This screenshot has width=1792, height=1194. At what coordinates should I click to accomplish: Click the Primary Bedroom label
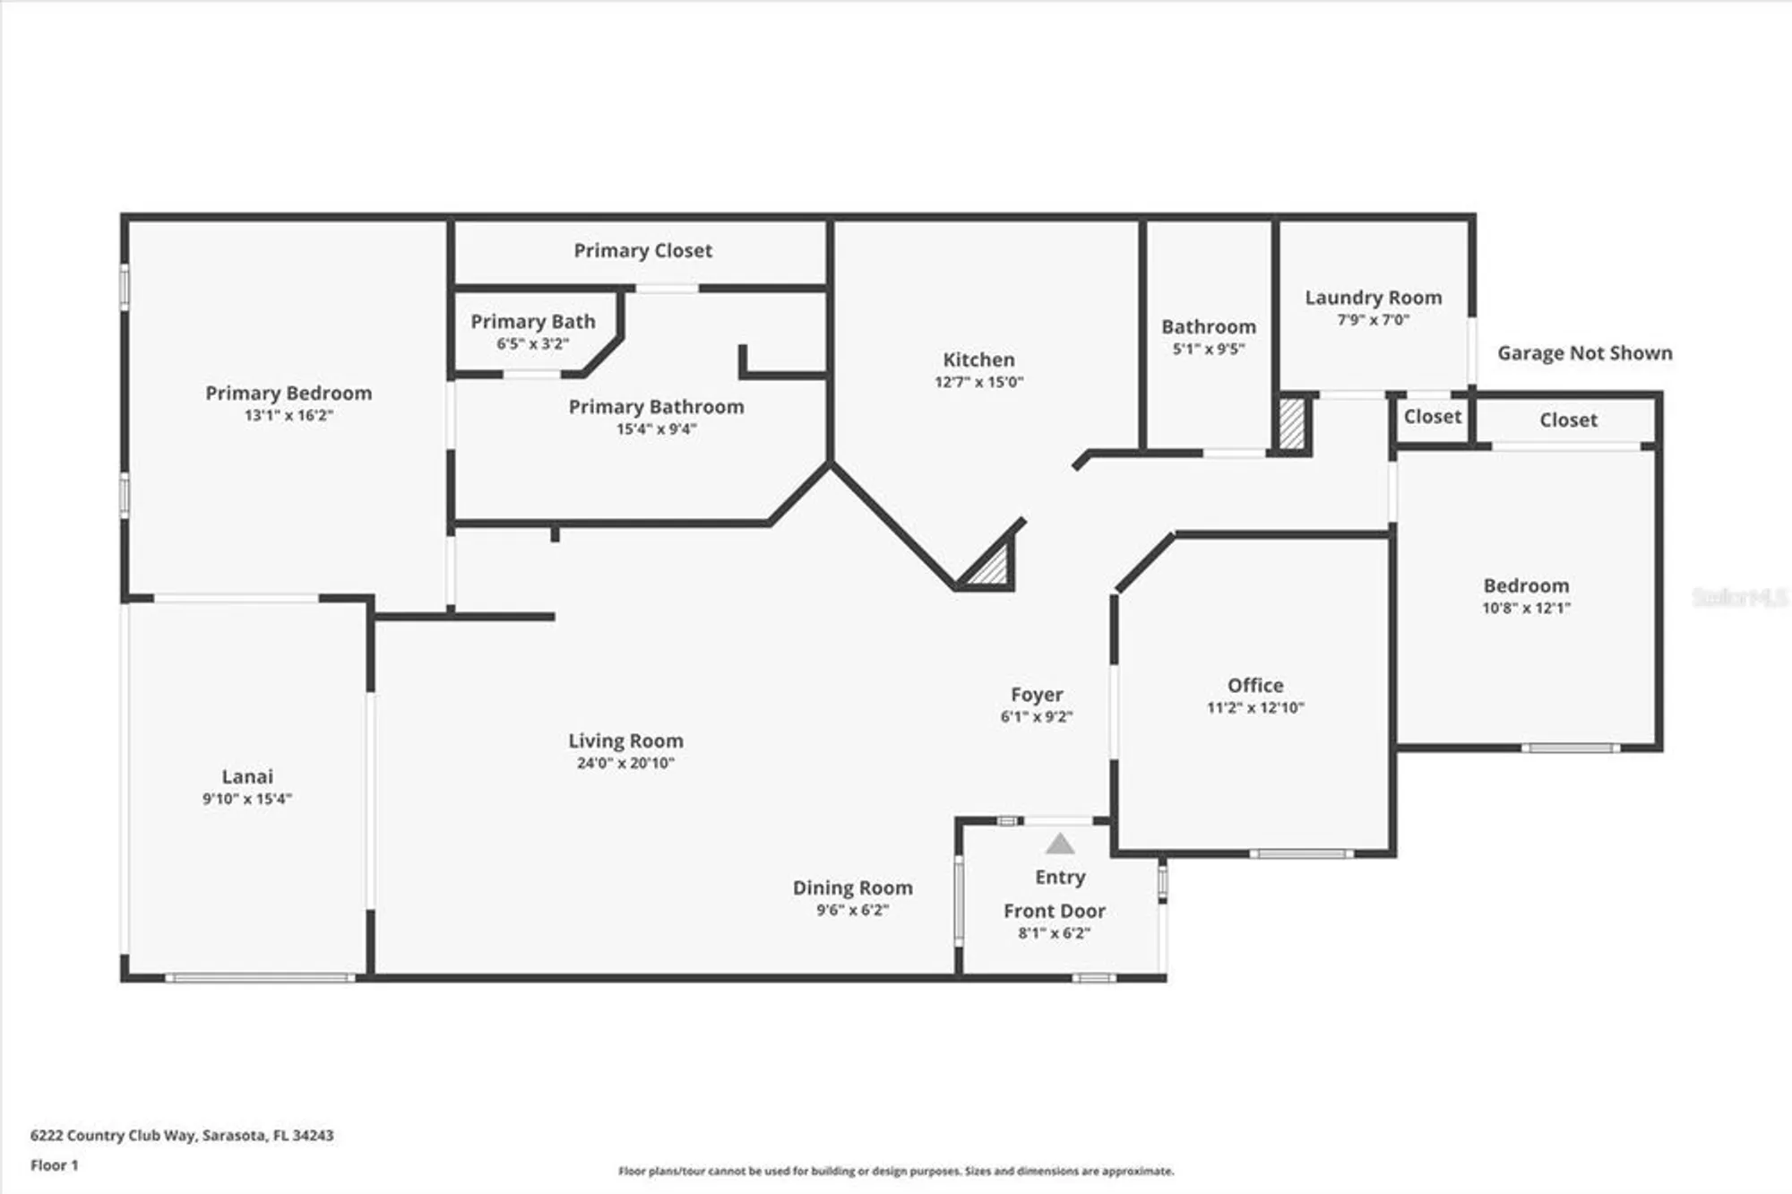coord(289,393)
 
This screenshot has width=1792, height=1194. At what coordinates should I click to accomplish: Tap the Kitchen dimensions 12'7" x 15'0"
coord(978,382)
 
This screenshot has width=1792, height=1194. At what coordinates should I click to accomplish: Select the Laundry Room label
coord(1373,298)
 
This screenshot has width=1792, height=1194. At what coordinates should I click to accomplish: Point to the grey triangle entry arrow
coord(1060,844)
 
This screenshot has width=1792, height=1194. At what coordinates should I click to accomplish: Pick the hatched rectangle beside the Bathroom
coord(1291,424)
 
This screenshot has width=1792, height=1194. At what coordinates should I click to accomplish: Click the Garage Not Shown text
coord(1584,353)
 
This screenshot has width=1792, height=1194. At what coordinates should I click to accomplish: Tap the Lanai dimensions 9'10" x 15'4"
coord(247,799)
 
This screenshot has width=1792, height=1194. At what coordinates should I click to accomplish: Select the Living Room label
coord(625,740)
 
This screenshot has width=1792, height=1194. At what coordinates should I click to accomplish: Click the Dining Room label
coord(852,887)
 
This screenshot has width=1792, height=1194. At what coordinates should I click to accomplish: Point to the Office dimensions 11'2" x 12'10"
coord(1254,707)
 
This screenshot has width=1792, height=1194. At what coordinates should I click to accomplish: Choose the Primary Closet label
coord(642,251)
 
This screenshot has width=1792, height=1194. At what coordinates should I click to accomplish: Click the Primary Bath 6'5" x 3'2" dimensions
coord(532,344)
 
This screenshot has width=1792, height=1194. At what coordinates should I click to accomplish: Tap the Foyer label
coord(1037,695)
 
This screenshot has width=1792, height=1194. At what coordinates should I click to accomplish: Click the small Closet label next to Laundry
coord(1432,417)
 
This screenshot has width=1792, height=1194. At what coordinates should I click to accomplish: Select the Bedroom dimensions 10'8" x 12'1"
coord(1526,608)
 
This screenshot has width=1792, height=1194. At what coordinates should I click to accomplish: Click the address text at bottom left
coord(182,1135)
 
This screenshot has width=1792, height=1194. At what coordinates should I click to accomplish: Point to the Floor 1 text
coord(55,1165)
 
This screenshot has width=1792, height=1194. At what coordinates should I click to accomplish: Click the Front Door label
coord(1054,911)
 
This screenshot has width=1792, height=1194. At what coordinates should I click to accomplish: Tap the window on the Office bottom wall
coord(1301,854)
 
